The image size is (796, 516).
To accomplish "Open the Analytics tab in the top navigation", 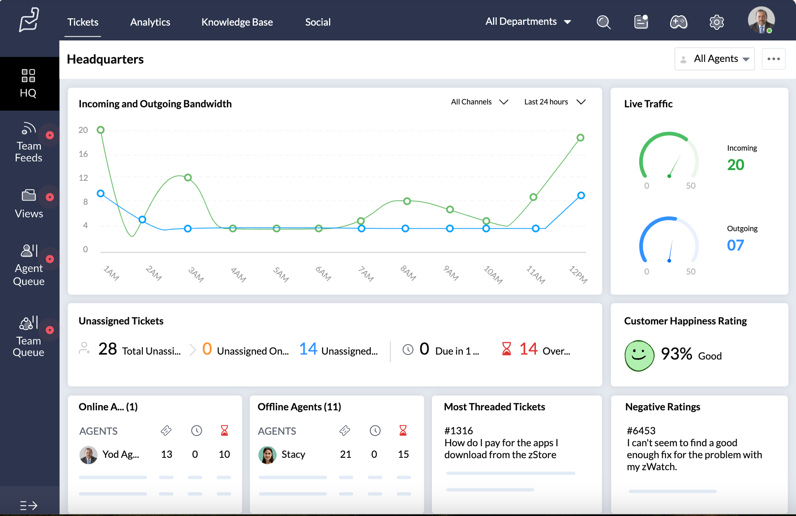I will (150, 22).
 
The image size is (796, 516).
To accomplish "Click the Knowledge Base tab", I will (237, 22).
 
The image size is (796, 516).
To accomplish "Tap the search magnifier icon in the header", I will (603, 22).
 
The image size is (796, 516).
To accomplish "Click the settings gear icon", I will (716, 22).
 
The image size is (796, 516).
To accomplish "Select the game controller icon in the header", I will (678, 22).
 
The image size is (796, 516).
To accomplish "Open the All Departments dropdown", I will (528, 22).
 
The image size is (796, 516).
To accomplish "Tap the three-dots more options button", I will (773, 59).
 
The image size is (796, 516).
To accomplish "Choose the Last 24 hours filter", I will (554, 102).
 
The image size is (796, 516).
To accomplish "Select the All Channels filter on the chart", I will (479, 102).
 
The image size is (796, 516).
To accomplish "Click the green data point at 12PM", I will (580, 138).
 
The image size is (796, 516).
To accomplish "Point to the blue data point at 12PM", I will (581, 196).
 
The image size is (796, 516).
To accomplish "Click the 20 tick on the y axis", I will (83, 130).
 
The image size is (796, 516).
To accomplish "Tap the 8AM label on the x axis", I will (408, 273).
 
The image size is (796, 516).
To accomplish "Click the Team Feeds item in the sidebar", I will (28, 142).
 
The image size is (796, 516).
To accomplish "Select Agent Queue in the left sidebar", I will (28, 265).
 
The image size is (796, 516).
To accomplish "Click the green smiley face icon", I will (639, 355).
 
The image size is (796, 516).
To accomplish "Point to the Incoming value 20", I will (735, 165).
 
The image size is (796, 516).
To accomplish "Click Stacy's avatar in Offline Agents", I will (268, 455).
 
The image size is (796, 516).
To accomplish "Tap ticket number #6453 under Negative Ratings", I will (641, 431).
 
